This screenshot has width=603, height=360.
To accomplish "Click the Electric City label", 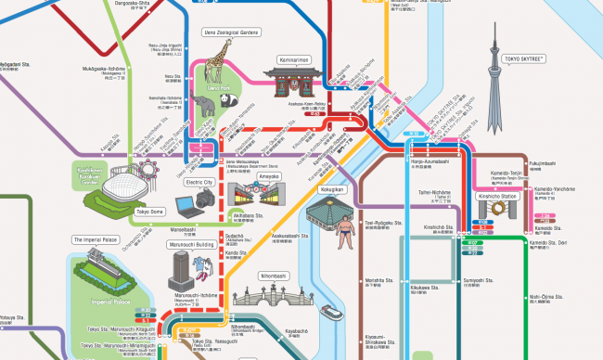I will (x=199, y=183).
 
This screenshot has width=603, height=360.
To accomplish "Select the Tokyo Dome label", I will (x=149, y=212).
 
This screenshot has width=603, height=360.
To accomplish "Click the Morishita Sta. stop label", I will (x=375, y=279).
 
